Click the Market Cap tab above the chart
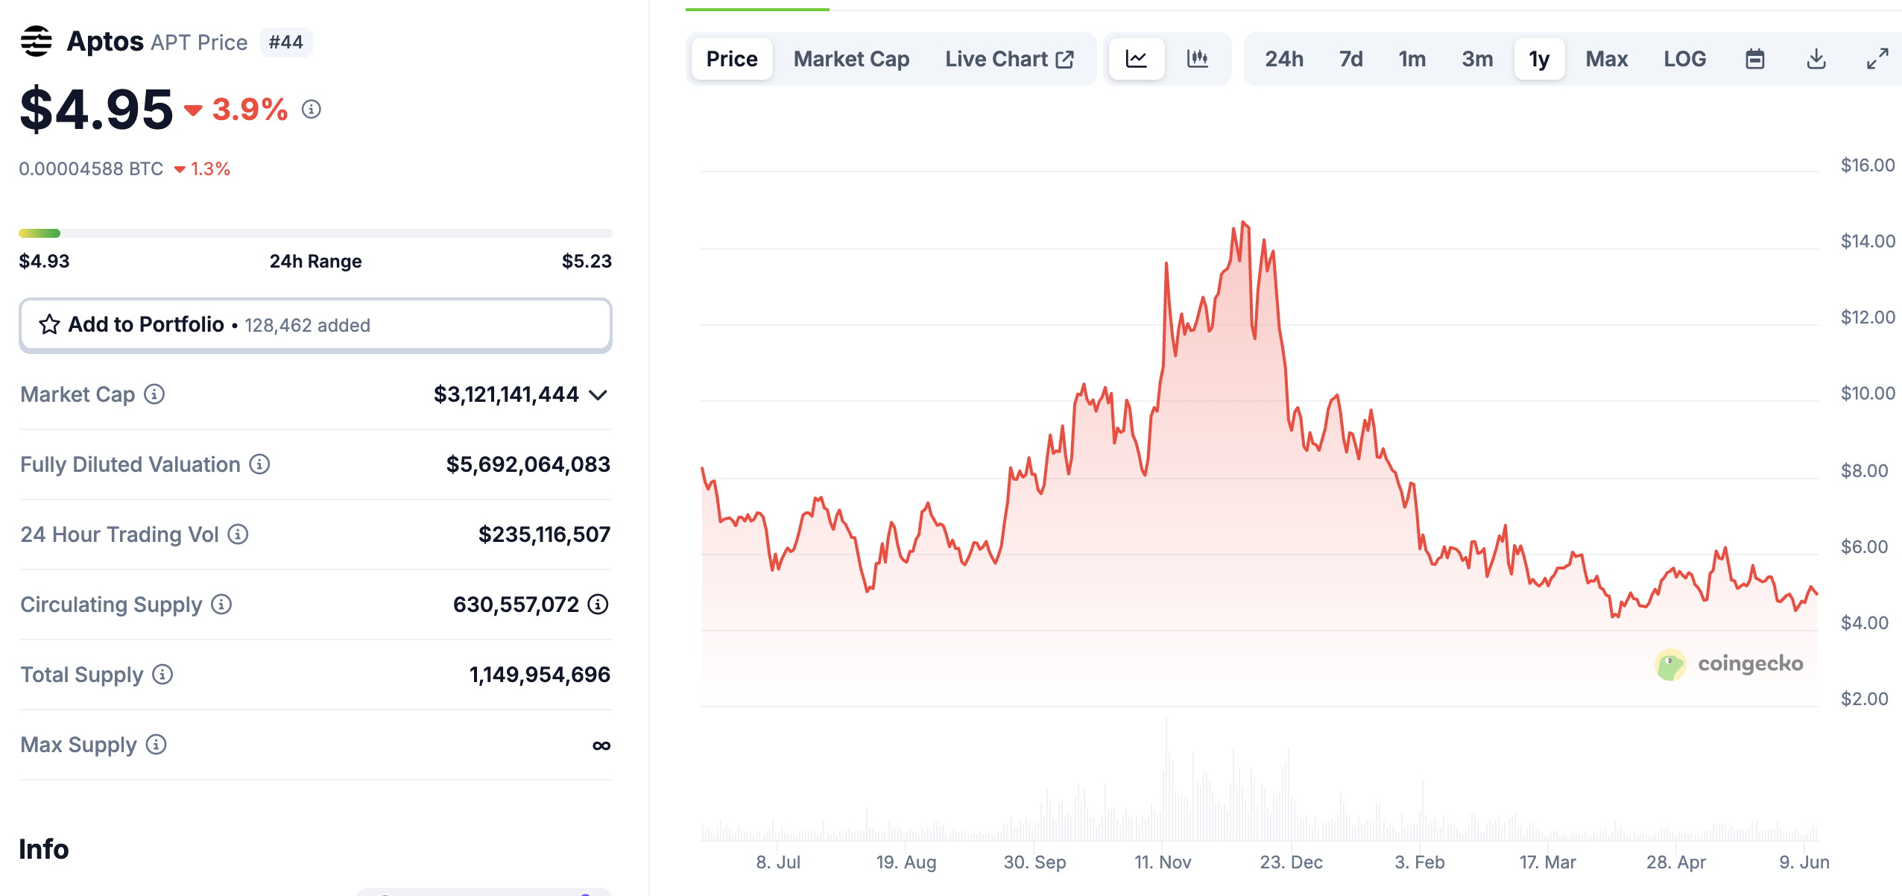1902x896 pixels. (851, 59)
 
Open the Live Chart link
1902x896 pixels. (1009, 59)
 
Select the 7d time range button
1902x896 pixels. (1350, 59)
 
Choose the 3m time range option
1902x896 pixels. (1477, 59)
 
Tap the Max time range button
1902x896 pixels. (1606, 59)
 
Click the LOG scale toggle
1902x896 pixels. (1684, 59)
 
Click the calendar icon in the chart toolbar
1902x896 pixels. (1755, 59)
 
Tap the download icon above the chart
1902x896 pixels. (1816, 59)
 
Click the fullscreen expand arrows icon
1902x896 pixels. (1877, 59)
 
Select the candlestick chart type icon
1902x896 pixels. (1197, 59)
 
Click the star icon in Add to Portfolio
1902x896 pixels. (49, 324)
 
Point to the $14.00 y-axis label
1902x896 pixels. (1867, 241)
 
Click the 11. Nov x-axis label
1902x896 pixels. (1163, 862)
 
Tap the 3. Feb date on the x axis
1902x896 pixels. (1419, 862)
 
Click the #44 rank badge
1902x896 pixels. (285, 42)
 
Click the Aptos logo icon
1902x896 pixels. (36, 41)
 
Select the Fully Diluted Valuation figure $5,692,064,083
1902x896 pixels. (528, 464)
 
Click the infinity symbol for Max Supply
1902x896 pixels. (601, 745)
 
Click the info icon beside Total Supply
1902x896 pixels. (162, 675)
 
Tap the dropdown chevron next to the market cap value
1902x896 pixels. (598, 394)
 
